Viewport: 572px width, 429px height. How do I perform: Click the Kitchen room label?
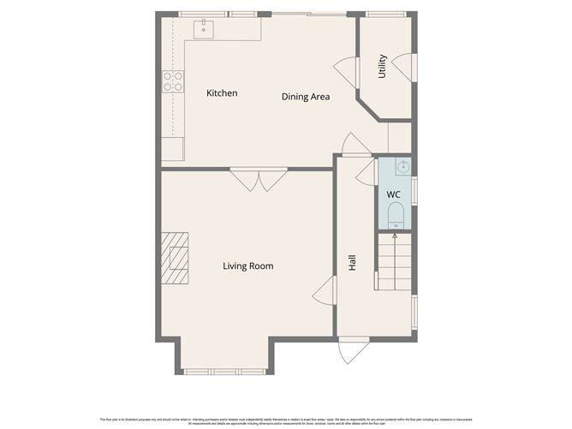[222, 93]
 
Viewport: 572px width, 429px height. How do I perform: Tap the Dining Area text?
[306, 97]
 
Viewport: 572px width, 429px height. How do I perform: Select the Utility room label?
[383, 66]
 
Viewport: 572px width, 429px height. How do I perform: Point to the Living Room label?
[247, 266]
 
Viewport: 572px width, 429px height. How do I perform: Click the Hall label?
[352, 263]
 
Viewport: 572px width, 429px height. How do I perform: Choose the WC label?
[393, 195]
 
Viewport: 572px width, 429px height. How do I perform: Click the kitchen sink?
[203, 29]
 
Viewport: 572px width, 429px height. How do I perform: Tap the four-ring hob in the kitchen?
[173, 81]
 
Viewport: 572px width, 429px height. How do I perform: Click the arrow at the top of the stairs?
[395, 235]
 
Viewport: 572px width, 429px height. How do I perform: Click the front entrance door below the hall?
[353, 350]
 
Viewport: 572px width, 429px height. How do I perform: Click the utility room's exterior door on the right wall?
[405, 68]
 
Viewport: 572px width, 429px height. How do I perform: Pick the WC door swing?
[366, 172]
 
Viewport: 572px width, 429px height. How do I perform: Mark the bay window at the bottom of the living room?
[226, 371]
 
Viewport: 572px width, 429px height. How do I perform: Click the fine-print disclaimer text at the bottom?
[286, 420]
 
